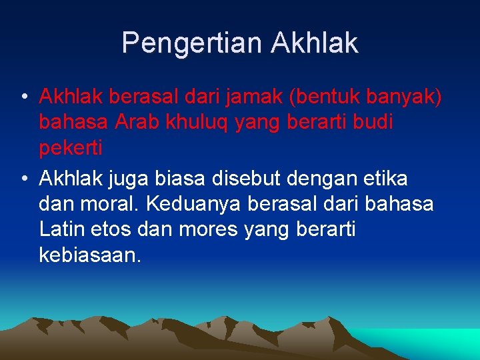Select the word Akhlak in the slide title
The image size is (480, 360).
[x=315, y=43]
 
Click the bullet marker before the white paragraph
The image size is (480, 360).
[x=23, y=179]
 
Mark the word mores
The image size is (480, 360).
[x=212, y=229]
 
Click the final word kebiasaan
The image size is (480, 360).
[x=91, y=254]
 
